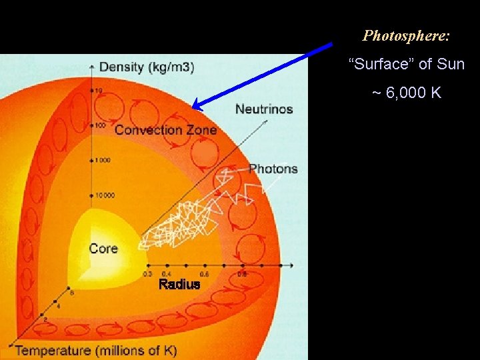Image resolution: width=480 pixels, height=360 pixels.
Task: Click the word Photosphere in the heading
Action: click(x=404, y=35)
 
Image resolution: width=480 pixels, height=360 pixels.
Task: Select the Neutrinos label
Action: click(x=264, y=109)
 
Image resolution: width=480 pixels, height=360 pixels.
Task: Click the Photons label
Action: click(x=273, y=169)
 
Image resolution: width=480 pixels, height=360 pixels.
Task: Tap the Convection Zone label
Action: click(x=165, y=129)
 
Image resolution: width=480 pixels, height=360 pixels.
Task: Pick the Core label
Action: click(x=103, y=249)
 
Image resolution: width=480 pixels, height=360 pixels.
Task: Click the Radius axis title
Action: click(x=179, y=285)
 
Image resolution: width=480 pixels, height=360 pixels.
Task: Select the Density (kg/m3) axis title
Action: click(x=147, y=67)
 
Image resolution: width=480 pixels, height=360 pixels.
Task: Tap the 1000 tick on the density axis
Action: click(x=101, y=161)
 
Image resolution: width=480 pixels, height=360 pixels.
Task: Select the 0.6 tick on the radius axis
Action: click(x=204, y=273)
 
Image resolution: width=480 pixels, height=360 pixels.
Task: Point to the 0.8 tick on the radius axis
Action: click(x=243, y=273)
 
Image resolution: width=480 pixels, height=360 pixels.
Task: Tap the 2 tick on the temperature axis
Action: click(x=45, y=320)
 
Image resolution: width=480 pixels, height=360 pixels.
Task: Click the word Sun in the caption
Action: click(x=451, y=65)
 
